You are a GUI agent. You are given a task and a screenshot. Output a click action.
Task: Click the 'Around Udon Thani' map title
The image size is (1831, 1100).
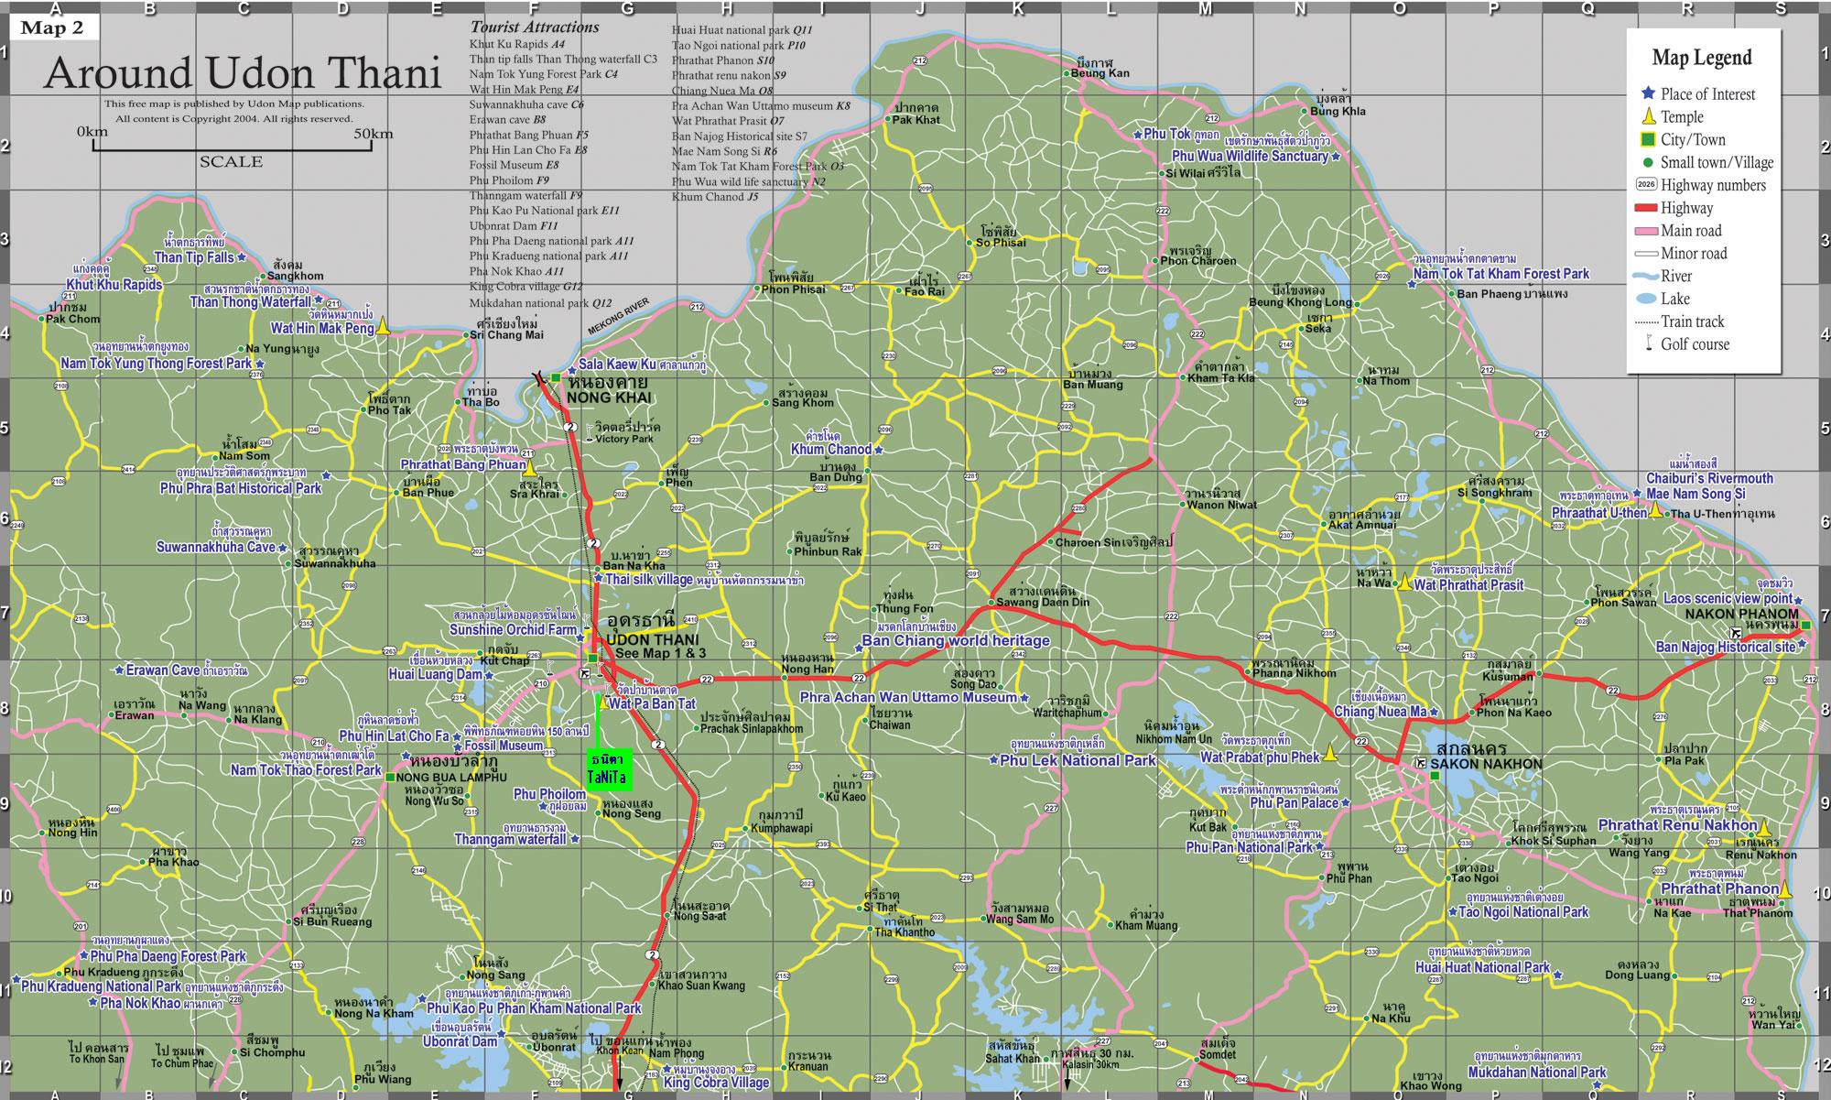(x=243, y=73)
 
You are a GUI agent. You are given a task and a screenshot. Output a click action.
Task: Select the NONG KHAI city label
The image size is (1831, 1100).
(x=608, y=398)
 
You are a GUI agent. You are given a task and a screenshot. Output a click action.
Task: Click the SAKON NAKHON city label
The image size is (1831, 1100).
(x=1486, y=764)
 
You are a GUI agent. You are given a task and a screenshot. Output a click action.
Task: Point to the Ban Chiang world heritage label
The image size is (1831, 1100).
(x=956, y=641)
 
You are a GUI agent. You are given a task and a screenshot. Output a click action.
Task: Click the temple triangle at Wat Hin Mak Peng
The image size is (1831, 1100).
(x=384, y=325)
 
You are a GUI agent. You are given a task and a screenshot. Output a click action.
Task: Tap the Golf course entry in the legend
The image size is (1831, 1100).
(x=1694, y=344)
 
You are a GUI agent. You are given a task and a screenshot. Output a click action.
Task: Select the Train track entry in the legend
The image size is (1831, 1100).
(x=1692, y=321)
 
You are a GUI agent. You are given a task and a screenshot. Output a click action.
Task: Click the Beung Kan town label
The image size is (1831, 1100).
(x=1100, y=73)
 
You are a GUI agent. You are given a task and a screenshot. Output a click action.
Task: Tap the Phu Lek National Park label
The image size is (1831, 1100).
(x=1078, y=760)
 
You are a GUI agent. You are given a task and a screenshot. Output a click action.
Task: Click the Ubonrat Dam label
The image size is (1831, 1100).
(x=460, y=1041)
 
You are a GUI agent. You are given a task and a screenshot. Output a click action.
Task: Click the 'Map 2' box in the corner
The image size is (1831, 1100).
(x=52, y=27)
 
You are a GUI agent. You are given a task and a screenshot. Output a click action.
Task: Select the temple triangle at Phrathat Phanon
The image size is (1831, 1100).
(x=1784, y=888)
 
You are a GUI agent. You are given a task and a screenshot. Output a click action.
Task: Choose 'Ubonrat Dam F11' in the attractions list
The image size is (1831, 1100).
(x=514, y=225)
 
